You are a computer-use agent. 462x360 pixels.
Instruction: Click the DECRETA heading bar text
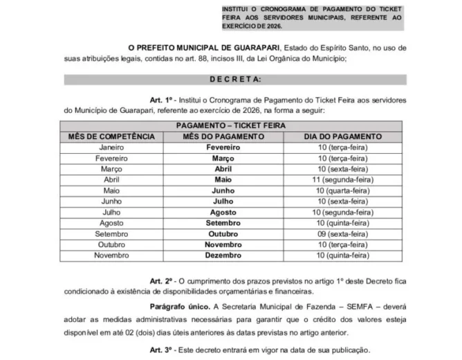pyautogui.click(x=231, y=80)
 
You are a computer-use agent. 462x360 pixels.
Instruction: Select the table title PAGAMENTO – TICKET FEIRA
pyautogui.click(x=232, y=126)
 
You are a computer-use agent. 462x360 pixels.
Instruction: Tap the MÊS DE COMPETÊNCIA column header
pyautogui.click(x=111, y=136)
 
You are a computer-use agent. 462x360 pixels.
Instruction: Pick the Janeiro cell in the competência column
pyautogui.click(x=111, y=147)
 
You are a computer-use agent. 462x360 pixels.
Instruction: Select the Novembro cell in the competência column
pyautogui.click(x=111, y=255)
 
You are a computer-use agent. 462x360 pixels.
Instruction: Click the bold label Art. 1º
pyautogui.click(x=160, y=100)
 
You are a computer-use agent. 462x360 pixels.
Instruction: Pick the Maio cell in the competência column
pyautogui.click(x=111, y=190)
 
